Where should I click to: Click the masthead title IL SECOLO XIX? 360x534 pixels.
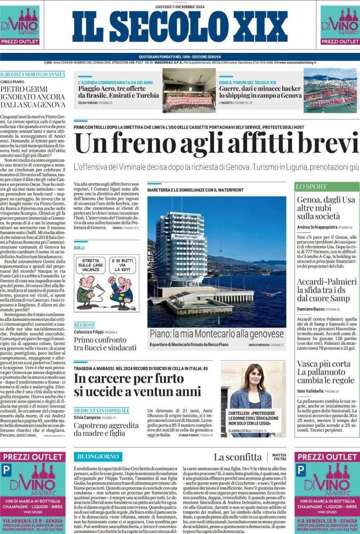click(179, 27)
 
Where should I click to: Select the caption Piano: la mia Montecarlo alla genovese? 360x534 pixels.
click(217, 334)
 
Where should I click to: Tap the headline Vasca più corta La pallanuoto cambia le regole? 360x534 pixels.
click(325, 372)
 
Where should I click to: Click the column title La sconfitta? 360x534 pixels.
click(238, 457)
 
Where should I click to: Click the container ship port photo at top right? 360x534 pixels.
click(330, 90)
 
